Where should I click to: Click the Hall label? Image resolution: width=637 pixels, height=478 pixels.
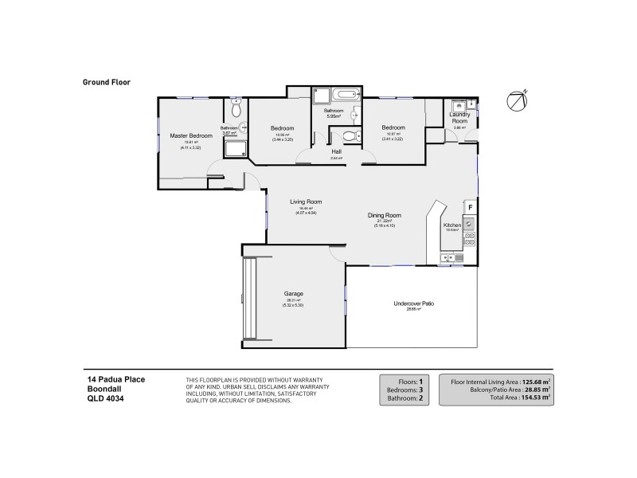336,151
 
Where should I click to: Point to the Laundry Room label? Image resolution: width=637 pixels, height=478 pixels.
460,117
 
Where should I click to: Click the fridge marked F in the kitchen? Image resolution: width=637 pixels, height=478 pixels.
470,207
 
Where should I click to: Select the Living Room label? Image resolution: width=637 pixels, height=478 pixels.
306,202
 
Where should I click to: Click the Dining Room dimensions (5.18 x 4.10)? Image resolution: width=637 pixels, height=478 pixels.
384,225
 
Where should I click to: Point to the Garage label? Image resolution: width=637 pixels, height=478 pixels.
292,293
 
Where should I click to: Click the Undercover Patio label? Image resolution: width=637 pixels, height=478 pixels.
414,304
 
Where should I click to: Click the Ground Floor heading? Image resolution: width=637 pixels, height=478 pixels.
106,81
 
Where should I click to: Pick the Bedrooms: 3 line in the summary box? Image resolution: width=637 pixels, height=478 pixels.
405,389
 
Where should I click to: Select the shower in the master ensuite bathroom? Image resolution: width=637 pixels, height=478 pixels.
236,150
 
